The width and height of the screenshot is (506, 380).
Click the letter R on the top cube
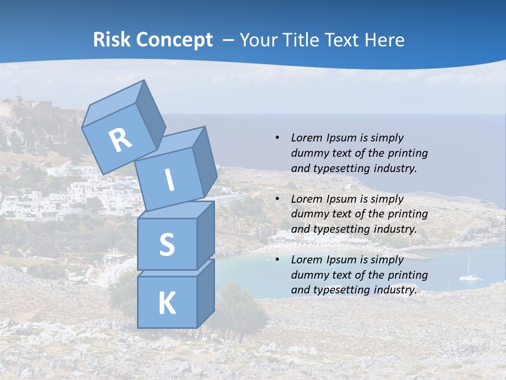[x=120, y=140]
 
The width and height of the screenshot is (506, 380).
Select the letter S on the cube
[x=167, y=244]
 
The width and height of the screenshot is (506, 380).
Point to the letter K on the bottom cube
[x=167, y=303]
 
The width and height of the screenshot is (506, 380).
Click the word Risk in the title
[x=111, y=40]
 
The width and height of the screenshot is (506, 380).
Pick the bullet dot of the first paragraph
[x=277, y=138]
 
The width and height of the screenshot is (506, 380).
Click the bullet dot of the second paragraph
[x=277, y=199]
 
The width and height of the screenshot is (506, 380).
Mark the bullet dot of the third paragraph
[x=277, y=260]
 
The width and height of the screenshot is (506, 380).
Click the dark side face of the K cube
[x=206, y=293]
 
